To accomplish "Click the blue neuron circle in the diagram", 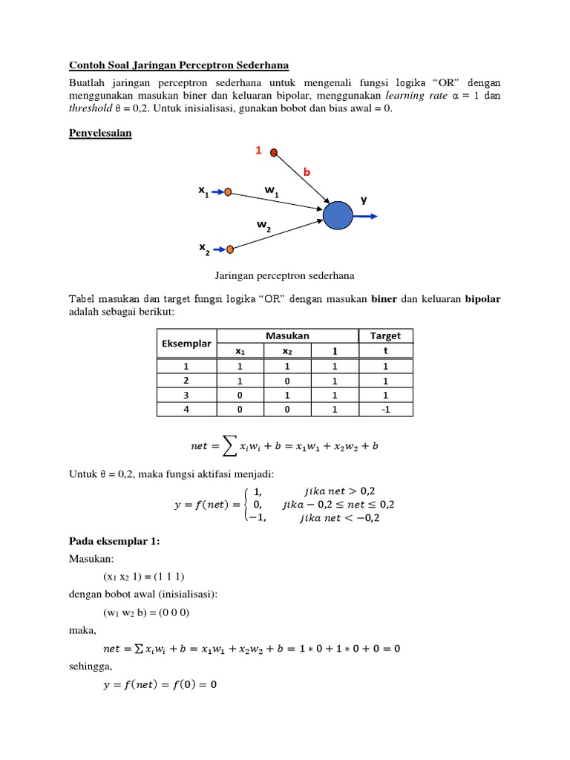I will pos(338,216).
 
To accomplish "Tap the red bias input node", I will pos(274,153).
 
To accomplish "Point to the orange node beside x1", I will pos(229,192).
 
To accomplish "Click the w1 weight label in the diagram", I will pos(272,191).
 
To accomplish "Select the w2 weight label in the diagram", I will pos(264,226).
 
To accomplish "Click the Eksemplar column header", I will pos(186,344).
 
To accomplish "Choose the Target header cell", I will pos(384,336).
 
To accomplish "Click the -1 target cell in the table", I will pos(384,408).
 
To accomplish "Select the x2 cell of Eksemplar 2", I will pos(285,380).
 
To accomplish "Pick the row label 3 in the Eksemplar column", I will pos(186,394).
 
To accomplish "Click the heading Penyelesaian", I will pos(100,134).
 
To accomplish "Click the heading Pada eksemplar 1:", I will pos(114,542).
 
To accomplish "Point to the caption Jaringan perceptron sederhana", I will pos(284,275).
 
